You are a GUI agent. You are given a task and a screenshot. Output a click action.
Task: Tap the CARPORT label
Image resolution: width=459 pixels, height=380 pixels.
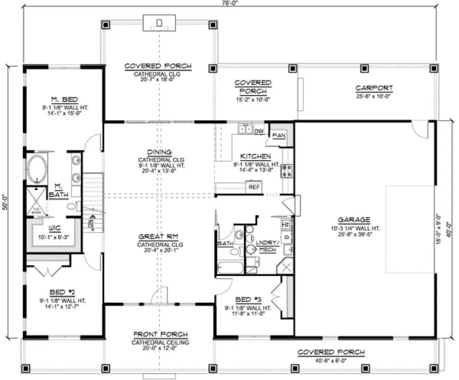click(x=374, y=88)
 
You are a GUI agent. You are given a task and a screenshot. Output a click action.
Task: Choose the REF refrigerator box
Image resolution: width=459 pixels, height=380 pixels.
click(x=252, y=186)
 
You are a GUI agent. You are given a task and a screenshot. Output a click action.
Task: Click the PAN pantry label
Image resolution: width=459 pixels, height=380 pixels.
click(x=279, y=135)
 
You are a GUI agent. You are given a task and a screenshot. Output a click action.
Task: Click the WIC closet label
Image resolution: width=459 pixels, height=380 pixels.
click(x=55, y=227)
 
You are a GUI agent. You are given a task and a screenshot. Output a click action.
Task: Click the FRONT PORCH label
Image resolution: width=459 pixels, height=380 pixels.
click(x=157, y=334)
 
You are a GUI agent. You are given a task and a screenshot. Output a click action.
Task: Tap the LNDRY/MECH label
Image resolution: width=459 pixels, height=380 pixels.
click(x=267, y=245)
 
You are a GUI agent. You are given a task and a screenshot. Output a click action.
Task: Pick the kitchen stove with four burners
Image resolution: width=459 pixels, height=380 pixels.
click(x=288, y=169)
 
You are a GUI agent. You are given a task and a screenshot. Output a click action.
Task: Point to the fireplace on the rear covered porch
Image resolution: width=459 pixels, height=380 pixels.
click(x=159, y=23)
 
